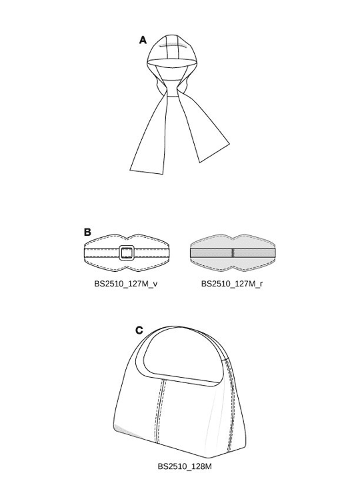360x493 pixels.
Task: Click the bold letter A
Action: click(143, 40)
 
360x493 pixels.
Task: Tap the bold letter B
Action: click(87, 232)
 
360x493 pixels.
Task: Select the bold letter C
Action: click(139, 330)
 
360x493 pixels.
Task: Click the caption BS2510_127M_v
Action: click(126, 284)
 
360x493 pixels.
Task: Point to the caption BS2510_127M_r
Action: click(232, 284)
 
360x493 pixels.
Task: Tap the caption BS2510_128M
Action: click(185, 466)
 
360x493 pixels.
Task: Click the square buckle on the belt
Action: click(127, 252)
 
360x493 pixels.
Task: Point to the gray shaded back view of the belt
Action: click(233, 252)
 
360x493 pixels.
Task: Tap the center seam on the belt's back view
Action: click(233, 252)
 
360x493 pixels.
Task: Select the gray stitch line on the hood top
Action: click(176, 45)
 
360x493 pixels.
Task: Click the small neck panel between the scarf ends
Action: click(172, 88)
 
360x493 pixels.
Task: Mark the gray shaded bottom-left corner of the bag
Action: click(126, 431)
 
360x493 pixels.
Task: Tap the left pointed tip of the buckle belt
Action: click(85, 252)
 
